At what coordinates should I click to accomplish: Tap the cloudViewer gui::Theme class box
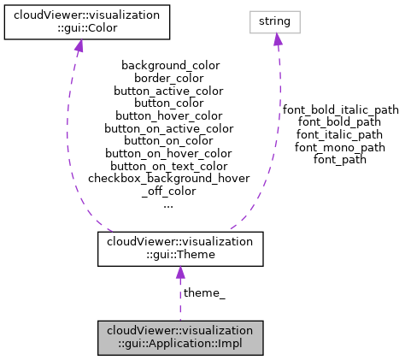click(179, 248)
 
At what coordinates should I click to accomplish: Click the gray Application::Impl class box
click(179, 338)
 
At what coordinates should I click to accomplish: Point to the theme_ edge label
click(205, 293)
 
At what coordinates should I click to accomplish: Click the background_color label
click(170, 65)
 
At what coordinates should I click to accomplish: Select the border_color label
click(170, 78)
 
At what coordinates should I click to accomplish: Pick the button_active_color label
click(170, 90)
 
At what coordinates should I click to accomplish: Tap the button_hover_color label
click(169, 115)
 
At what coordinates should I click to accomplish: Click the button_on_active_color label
click(169, 128)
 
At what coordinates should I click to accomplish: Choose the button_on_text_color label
click(169, 166)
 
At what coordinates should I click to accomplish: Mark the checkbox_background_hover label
click(169, 179)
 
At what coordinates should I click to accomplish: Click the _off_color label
click(169, 192)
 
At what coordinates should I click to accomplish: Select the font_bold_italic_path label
click(340, 109)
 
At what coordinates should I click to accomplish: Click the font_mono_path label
click(340, 147)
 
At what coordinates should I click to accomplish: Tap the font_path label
click(340, 159)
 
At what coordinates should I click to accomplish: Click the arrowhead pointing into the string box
click(277, 39)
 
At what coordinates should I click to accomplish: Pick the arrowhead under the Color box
click(79, 45)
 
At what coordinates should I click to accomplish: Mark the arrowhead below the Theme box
click(179, 272)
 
